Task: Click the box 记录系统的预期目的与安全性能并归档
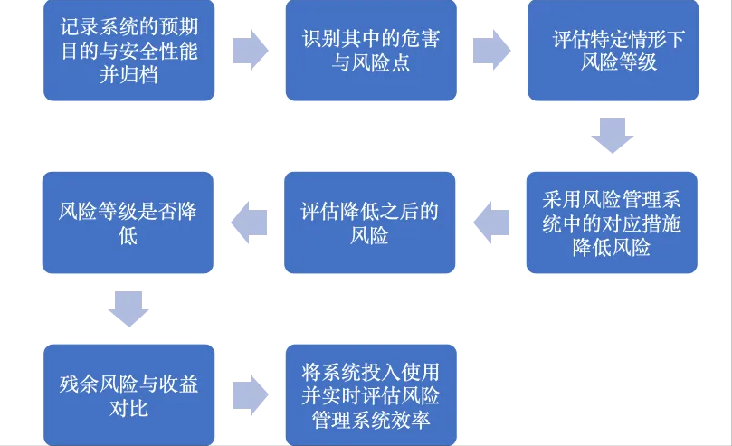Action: pyautogui.click(x=128, y=51)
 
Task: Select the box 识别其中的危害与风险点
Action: pyautogui.click(x=371, y=51)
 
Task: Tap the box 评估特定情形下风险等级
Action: pyautogui.click(x=613, y=51)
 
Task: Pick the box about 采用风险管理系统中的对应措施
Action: pyautogui.click(x=612, y=223)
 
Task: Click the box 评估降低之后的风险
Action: pyautogui.click(x=370, y=223)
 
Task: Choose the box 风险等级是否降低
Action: pyautogui.click(x=128, y=223)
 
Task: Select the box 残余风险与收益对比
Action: pyautogui.click(x=128, y=395)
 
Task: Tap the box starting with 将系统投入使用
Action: pyautogui.click(x=371, y=395)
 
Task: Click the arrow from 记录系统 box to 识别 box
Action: pyautogui.click(x=250, y=51)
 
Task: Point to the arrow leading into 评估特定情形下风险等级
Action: pyautogui.click(x=491, y=51)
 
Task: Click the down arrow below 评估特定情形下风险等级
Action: pyautogui.click(x=612, y=137)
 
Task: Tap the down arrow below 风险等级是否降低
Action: pyautogui.click(x=128, y=308)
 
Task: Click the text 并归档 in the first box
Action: pyautogui.click(x=128, y=75)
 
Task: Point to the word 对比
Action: pyautogui.click(x=128, y=409)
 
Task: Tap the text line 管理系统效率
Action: pyautogui.click(x=370, y=420)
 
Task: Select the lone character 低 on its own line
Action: pyautogui.click(x=128, y=237)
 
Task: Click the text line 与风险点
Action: pyautogui.click(x=370, y=64)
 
